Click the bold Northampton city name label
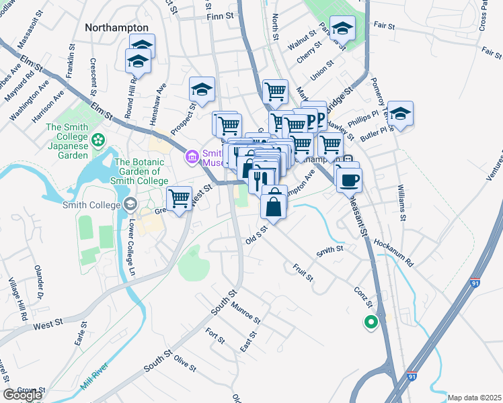tap(117, 27)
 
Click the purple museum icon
tap(192, 157)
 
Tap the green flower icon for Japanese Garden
tap(99, 140)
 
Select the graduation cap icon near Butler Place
tap(400, 114)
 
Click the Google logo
tap(22, 395)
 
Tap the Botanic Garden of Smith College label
tap(141, 172)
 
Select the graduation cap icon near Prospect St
tap(202, 89)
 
